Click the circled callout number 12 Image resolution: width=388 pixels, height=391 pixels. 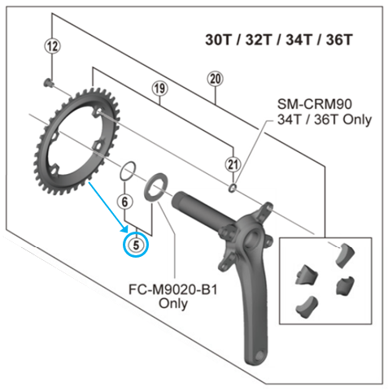pos(52,46)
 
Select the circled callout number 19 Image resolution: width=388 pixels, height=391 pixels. pos(159,87)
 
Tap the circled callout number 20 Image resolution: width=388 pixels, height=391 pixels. pos(215,79)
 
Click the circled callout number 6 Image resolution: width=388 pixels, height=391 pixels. pos(124,201)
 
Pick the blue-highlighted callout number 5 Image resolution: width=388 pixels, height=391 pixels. pos(136,242)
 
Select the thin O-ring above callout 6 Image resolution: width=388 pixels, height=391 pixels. pos(126,172)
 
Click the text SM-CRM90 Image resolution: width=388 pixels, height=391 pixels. pos(321,105)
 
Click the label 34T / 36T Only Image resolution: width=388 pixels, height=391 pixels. pos(323,120)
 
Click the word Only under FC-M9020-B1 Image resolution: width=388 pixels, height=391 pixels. pos(173,304)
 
